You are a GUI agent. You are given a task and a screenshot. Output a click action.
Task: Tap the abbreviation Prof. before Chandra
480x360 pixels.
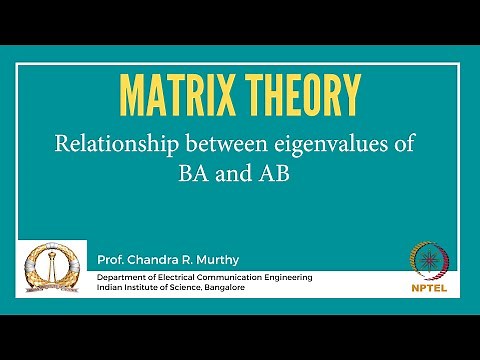tap(112, 260)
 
